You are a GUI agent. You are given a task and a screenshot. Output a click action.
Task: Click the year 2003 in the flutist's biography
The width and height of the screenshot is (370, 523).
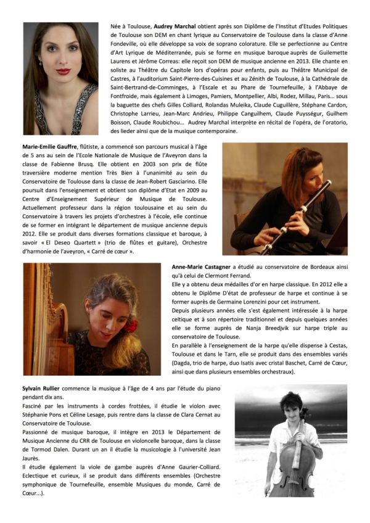[126, 173]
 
